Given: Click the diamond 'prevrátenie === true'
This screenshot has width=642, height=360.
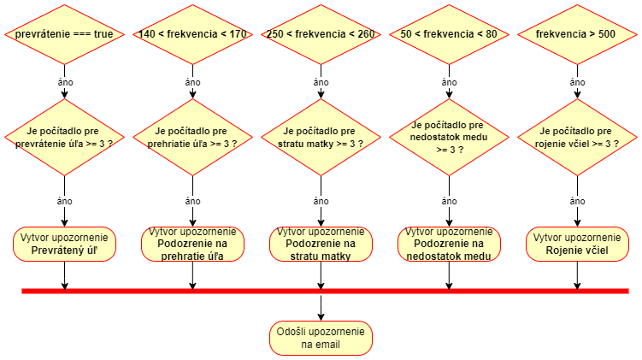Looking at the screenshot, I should tap(64, 34).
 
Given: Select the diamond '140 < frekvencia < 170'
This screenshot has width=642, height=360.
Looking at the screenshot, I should tap(192, 34).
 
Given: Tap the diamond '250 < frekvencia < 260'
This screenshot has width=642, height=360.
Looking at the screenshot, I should tap(321, 34).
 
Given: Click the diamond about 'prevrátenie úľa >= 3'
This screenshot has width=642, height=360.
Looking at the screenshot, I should tap(64, 137).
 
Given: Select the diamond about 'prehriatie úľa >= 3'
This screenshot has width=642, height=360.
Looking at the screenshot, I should tap(192, 137).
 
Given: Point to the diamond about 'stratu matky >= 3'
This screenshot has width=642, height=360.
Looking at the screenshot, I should tap(321, 137).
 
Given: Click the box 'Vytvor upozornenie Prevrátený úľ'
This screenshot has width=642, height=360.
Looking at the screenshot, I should tap(64, 244).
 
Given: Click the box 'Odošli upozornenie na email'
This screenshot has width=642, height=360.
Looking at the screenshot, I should tap(321, 338).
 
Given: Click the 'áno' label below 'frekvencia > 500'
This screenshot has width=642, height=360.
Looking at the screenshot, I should tap(577, 82).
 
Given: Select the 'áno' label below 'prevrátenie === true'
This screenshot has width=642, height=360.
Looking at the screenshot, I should tap(64, 82).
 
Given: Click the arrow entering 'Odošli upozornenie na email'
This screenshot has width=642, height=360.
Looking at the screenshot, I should tap(321, 310).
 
